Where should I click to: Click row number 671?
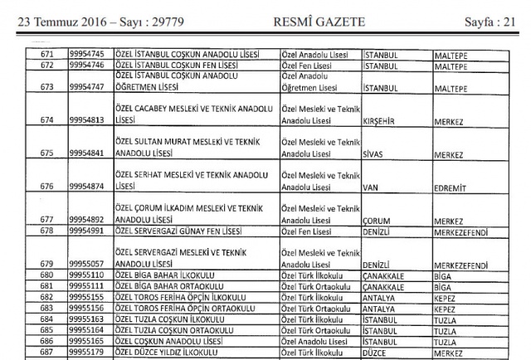pos(46,54)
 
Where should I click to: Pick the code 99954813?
pos(87,119)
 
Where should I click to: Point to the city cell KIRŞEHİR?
pos(385,119)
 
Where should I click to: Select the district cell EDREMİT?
pos(452,188)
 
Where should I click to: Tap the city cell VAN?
pos(372,188)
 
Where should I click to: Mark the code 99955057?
pos(87,264)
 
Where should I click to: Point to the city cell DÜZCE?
pos(378,352)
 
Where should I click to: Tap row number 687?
pos(46,352)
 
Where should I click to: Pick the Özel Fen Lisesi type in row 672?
pos(310,64)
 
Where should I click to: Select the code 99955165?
pos(87,341)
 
